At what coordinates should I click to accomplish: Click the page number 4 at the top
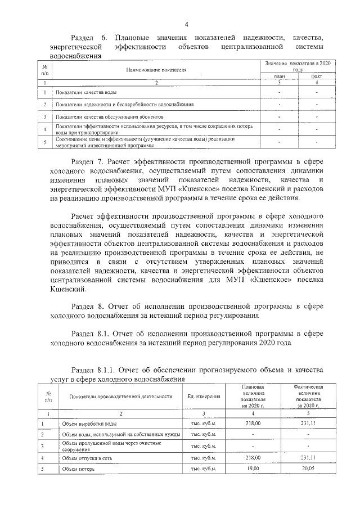point(186,23)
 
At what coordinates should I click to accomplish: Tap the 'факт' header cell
point(317,76)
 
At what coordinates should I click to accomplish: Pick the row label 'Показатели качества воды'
point(87,92)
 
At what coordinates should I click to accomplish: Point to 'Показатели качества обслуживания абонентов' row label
point(110,117)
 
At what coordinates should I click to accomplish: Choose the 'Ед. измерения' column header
point(204,397)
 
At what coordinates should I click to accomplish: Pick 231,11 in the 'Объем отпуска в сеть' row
point(307,458)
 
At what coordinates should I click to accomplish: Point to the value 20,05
point(307,469)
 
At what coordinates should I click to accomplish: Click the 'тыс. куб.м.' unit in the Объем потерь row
point(204,469)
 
